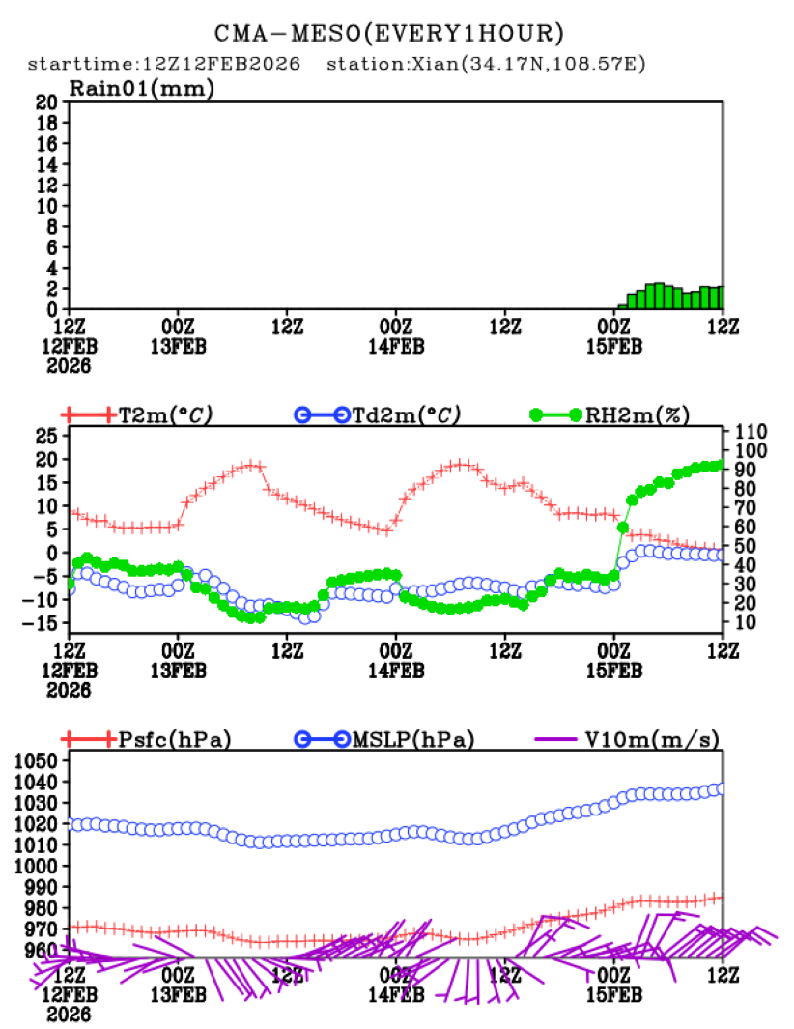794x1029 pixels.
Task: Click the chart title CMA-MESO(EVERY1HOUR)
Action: (x=388, y=34)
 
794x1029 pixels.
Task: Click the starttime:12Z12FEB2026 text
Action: (x=163, y=65)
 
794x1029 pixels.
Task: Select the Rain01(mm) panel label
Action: (x=141, y=89)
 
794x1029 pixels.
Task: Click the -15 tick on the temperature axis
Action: (x=43, y=623)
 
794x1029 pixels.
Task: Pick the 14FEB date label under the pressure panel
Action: (x=396, y=996)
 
